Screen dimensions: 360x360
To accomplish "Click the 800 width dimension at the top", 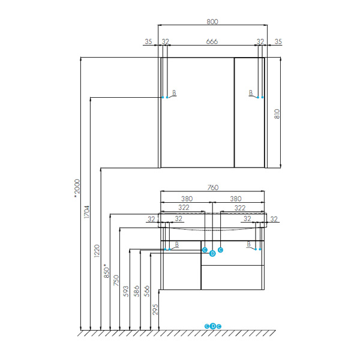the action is (212, 22).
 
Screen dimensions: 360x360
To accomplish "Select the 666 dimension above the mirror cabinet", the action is (212, 41).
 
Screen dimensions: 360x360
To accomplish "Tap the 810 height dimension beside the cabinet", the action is (277, 114).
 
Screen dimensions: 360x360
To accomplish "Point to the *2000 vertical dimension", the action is (77, 188).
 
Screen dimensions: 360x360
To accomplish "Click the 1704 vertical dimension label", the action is (87, 212).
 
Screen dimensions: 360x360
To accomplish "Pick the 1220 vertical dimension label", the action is (97, 251).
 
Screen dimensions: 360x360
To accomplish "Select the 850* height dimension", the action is (107, 271).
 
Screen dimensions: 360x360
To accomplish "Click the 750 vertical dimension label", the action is (116, 280).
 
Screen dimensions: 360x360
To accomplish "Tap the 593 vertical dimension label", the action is (126, 291).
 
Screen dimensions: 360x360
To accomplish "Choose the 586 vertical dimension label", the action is (137, 291).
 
